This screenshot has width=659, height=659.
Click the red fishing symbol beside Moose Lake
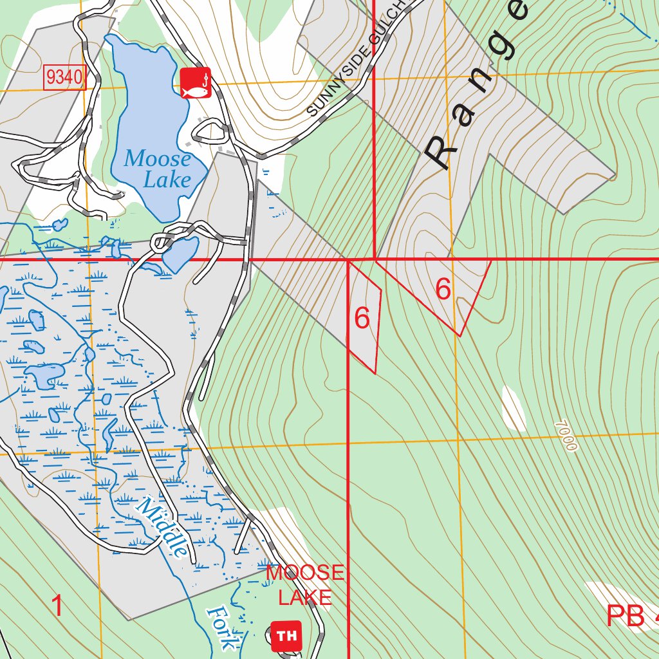(x=196, y=83)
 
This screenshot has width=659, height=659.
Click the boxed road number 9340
(x=65, y=79)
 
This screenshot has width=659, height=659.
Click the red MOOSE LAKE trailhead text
(x=306, y=584)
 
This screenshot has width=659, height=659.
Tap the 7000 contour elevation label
(x=565, y=436)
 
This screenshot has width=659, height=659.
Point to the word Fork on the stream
(x=221, y=627)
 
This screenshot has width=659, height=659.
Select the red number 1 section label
(x=58, y=606)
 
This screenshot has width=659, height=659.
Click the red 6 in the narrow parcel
(x=362, y=318)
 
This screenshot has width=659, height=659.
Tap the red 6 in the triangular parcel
(x=443, y=290)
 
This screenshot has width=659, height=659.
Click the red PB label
(x=626, y=616)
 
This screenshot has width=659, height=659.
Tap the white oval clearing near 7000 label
(x=514, y=409)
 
